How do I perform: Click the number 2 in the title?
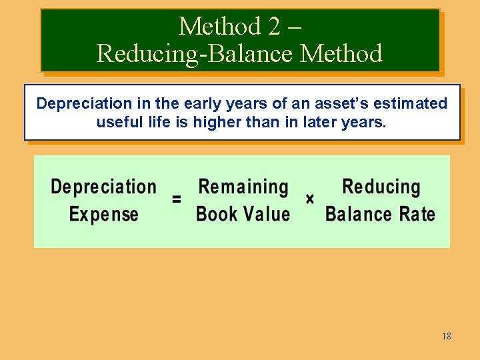[275, 27]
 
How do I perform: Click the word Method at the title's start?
[219, 27]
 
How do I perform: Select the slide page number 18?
[446, 336]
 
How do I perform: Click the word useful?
[117, 122]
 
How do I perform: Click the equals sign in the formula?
[177, 199]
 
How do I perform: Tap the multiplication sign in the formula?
[310, 199]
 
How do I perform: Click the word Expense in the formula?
[104, 215]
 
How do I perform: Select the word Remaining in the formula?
[243, 187]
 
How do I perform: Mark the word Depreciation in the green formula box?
[104, 187]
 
